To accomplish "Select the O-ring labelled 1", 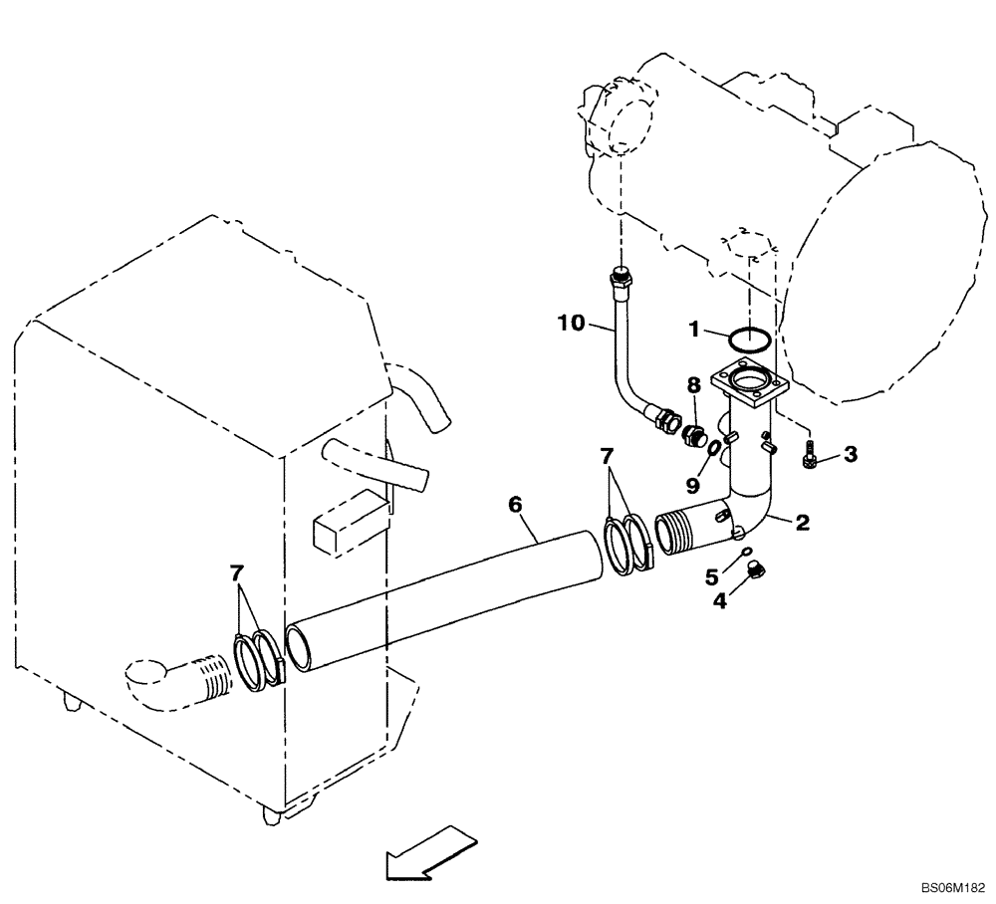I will point(747,339).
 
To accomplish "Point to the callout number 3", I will point(849,455).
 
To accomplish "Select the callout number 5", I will point(713,575).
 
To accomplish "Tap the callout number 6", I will point(515,505).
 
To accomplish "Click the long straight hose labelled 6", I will point(448,603).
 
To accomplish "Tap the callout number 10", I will point(569,322).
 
